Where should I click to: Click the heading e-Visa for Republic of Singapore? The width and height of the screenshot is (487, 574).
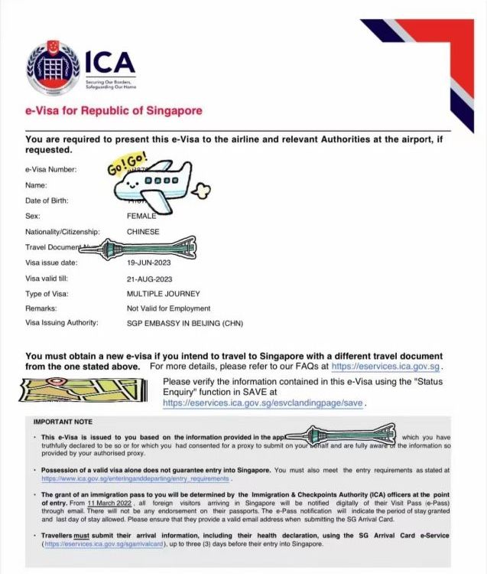point(114,110)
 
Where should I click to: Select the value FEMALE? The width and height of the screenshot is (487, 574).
point(141,216)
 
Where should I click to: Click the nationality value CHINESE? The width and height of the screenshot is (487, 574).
point(143,231)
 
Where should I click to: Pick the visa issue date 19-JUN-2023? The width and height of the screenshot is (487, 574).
point(151,262)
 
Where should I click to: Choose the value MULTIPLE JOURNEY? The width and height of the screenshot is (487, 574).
point(163,292)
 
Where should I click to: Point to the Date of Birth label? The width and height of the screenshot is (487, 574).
point(47,201)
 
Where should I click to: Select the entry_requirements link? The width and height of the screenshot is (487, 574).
point(135,478)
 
